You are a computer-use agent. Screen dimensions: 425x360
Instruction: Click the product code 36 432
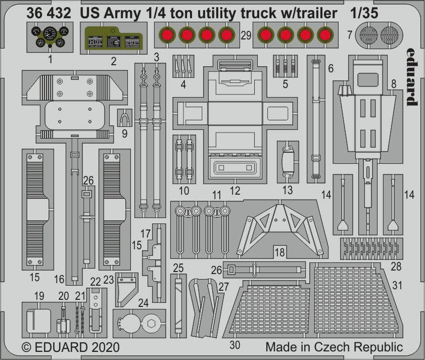point(49,13)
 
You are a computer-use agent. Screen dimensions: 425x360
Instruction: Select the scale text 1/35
point(364,13)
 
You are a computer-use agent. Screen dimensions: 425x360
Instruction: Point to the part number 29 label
point(246,35)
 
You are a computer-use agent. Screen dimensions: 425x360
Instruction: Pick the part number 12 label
point(235,191)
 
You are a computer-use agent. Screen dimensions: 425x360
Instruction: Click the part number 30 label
point(234,345)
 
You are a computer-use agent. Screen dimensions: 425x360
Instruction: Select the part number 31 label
point(397,285)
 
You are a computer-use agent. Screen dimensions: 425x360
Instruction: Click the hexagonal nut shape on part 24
point(151,324)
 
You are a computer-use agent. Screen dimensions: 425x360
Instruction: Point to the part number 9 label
point(124,134)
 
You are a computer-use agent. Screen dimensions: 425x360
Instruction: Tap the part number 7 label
point(350,35)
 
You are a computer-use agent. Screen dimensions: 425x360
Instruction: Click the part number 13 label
point(288,190)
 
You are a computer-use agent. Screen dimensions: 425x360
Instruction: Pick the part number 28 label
point(396,266)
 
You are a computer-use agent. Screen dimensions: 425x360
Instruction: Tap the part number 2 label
point(114,61)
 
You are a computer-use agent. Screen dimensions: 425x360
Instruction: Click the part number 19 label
point(39,296)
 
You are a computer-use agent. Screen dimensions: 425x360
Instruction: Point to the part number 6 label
point(330,68)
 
